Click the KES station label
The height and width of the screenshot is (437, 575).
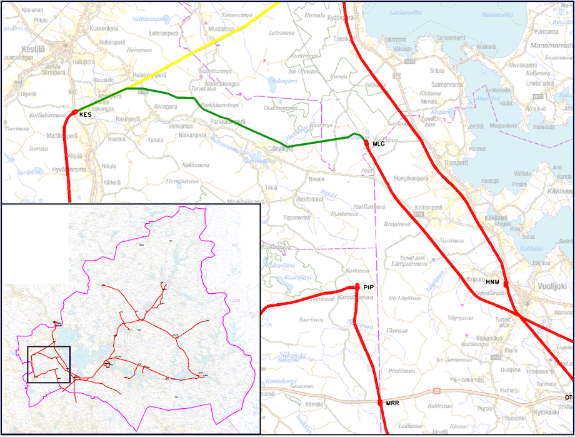(86, 116)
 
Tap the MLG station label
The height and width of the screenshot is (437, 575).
(377, 144)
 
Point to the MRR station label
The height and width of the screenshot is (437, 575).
(392, 403)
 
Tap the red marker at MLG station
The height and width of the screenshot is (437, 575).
(366, 143)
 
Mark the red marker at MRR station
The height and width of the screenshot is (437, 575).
(379, 403)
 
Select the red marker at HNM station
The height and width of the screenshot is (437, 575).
(505, 284)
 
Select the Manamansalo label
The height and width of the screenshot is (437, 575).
(551, 46)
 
